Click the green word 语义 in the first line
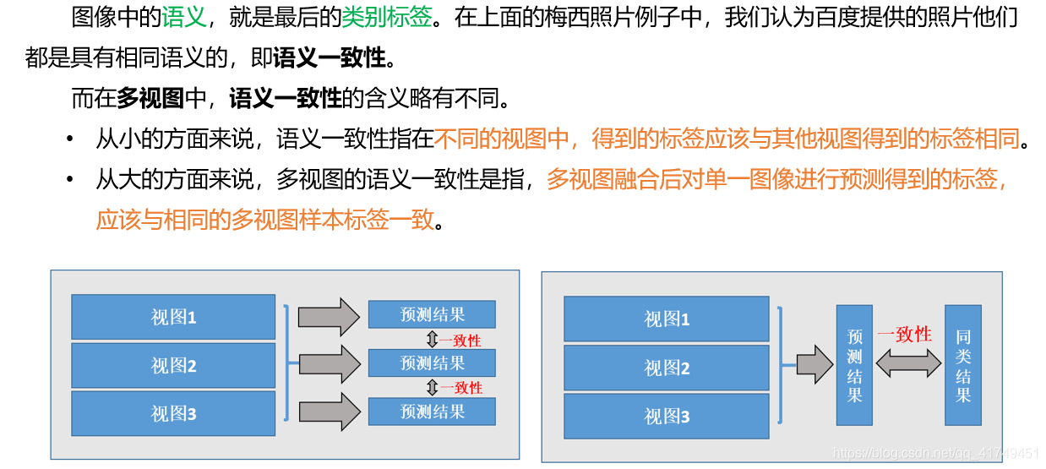point(183,18)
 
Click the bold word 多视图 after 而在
point(150,99)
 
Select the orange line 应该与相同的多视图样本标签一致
point(264,220)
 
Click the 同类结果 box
point(962,365)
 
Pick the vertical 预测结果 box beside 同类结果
point(854,365)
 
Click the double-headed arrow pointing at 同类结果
point(908,363)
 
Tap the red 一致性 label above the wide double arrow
point(904,335)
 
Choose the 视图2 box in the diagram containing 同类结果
point(667,368)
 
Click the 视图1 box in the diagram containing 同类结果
point(667,319)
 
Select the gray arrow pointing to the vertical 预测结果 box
point(814,365)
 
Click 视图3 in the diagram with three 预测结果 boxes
point(173,413)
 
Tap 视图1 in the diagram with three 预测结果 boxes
point(173,317)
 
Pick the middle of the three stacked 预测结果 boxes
point(432,363)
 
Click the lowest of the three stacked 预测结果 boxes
point(432,412)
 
